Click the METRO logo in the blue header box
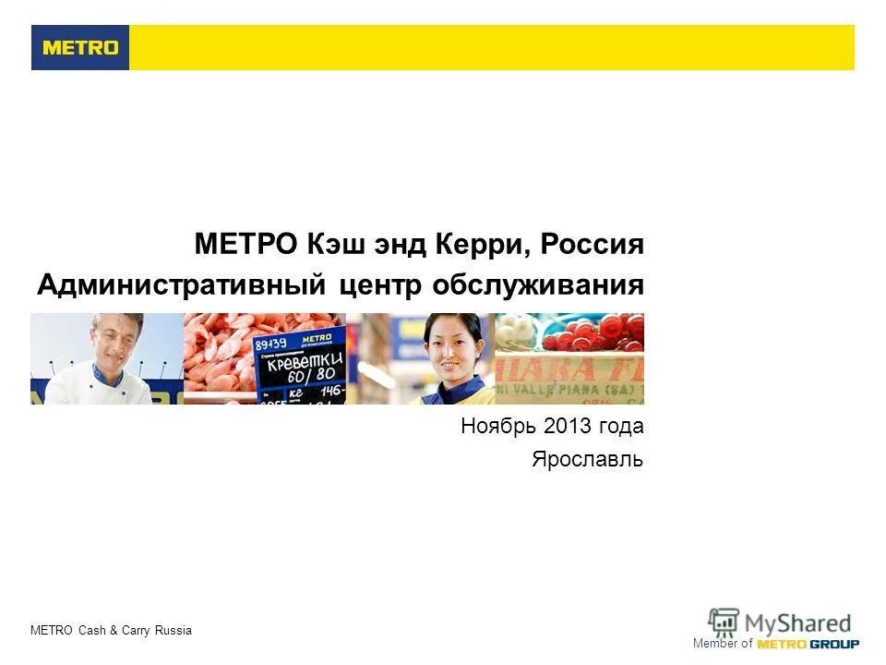click(80, 48)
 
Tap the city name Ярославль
click(587, 459)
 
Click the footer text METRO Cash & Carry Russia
click(111, 631)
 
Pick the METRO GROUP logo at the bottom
click(808, 644)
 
